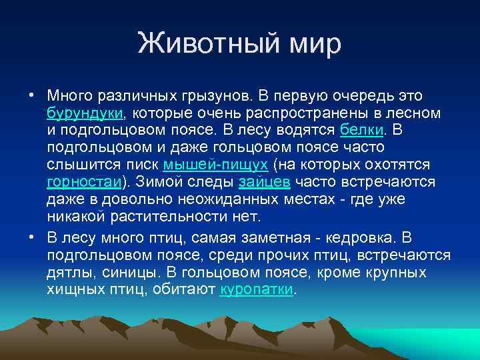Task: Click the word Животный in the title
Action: [x=201, y=44]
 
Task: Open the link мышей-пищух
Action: [x=215, y=164]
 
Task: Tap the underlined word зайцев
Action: [x=265, y=181]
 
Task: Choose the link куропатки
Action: [x=256, y=290]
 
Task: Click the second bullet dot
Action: [x=32, y=237]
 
